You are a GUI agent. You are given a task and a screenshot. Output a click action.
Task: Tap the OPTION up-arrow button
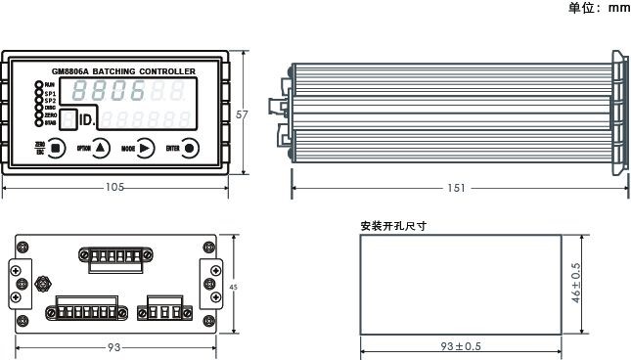click(x=102, y=149)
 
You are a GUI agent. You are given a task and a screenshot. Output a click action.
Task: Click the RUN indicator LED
click(x=40, y=85)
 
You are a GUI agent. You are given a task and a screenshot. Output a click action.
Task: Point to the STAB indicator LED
click(x=40, y=122)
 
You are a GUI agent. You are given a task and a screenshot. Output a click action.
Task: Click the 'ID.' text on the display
click(x=86, y=120)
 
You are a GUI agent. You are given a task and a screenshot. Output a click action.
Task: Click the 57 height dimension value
click(x=243, y=114)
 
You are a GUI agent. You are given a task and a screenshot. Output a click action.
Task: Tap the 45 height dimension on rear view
click(x=233, y=287)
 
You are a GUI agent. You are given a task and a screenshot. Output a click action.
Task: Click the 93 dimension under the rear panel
click(x=114, y=347)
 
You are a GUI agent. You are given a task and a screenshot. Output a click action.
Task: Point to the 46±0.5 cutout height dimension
click(x=576, y=284)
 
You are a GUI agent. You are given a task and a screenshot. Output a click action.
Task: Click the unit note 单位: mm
click(x=599, y=8)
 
